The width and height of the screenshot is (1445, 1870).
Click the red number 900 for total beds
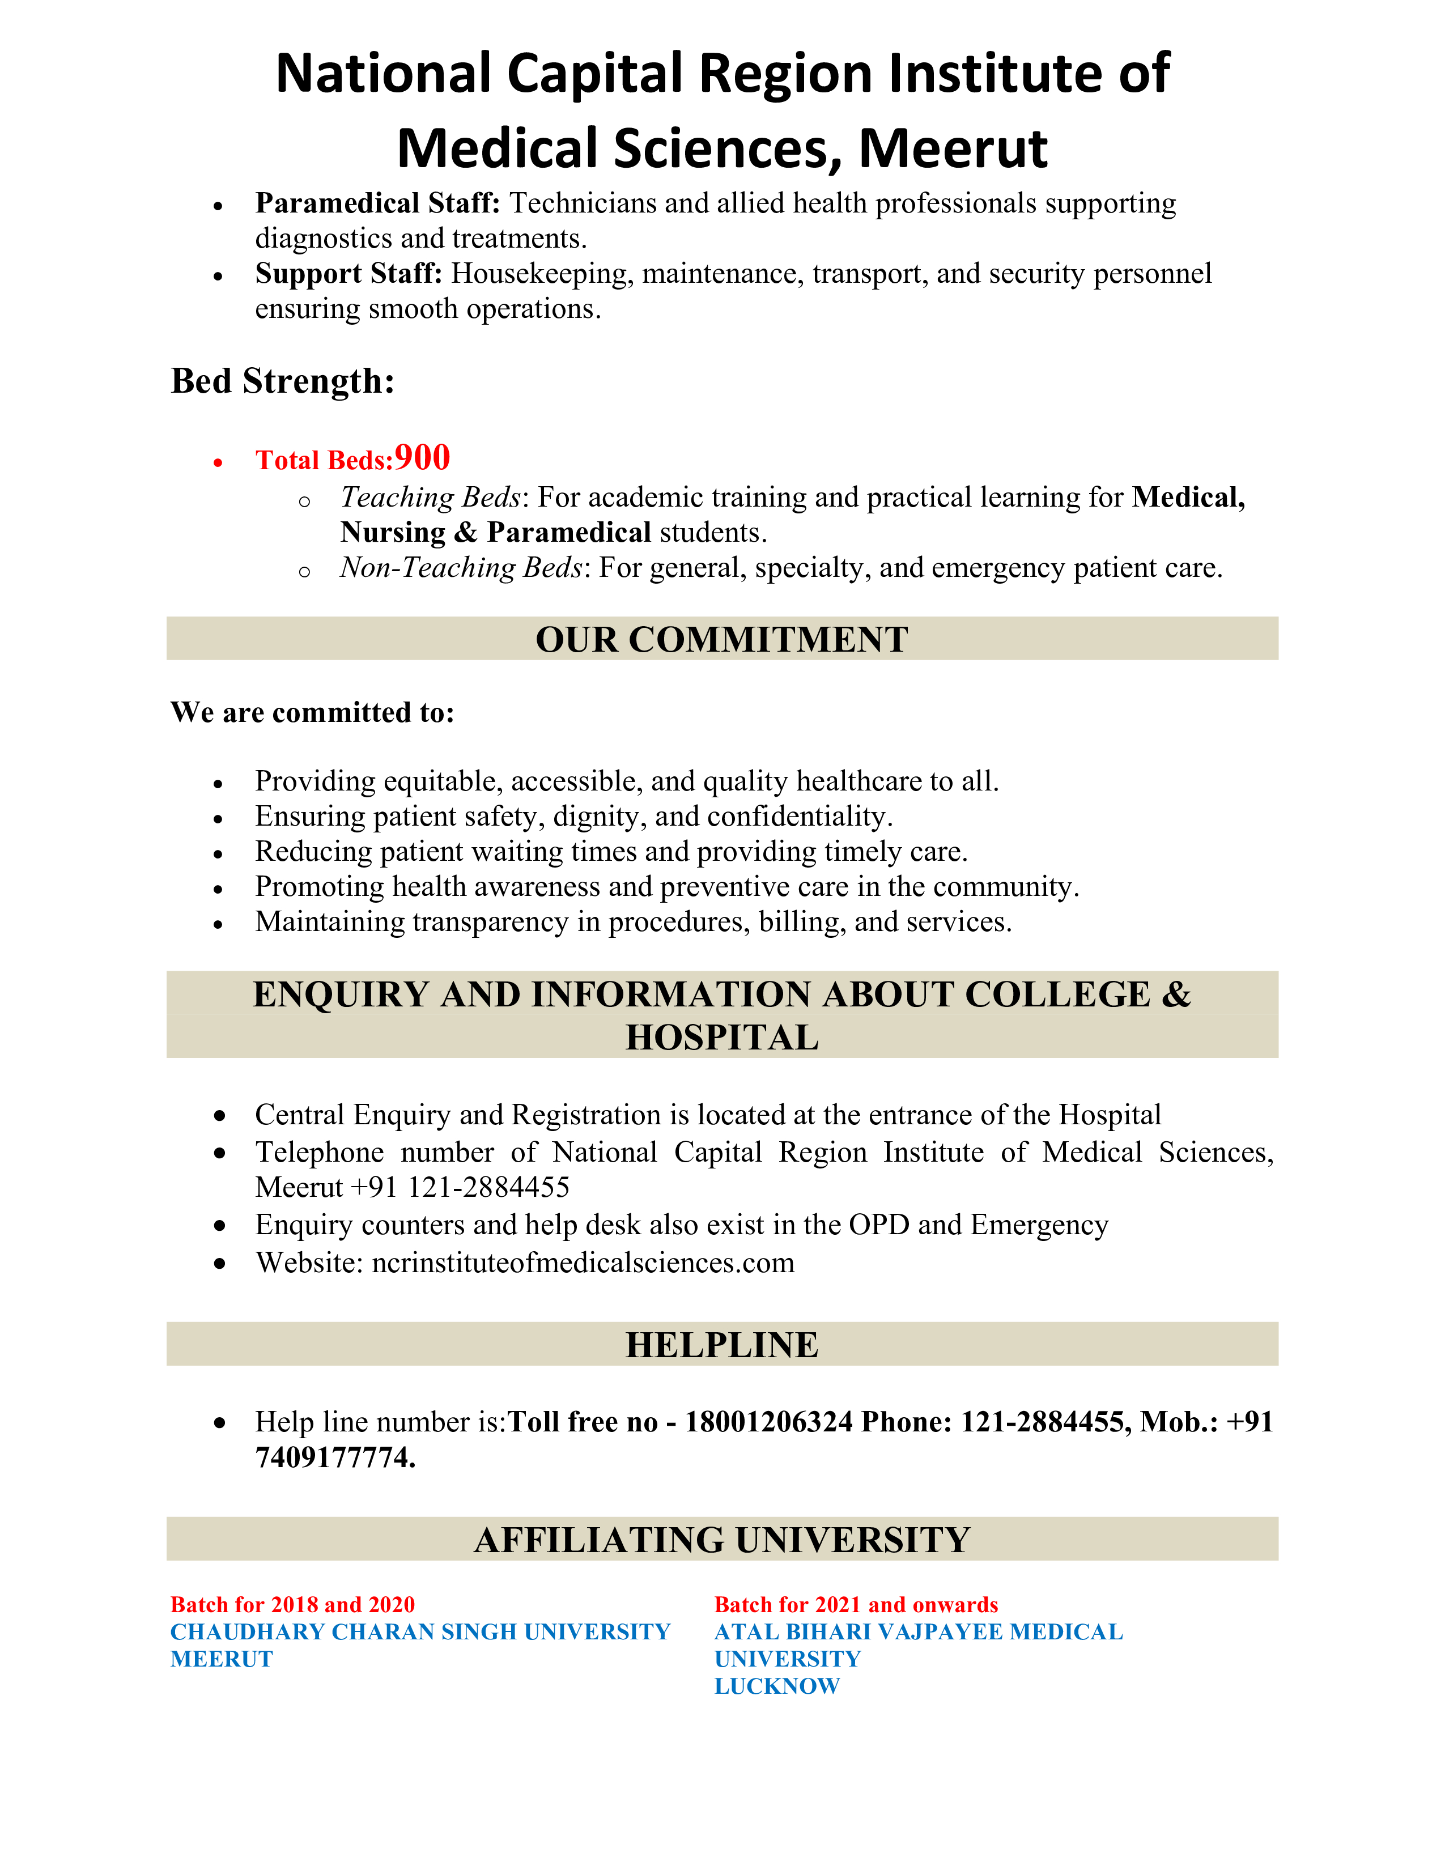(422, 458)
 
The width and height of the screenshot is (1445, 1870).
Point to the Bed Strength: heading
(283, 381)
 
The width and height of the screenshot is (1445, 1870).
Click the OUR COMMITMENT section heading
(721, 640)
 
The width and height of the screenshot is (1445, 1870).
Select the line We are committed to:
(312, 712)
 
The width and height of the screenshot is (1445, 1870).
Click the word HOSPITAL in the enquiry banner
(721, 1038)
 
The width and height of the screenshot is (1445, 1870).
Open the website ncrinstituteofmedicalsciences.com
(583, 1263)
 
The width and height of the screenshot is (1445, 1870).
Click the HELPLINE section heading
(721, 1345)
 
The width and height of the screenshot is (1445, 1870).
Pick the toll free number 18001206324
(769, 1422)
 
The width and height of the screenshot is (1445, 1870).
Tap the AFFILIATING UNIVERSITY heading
(721, 1540)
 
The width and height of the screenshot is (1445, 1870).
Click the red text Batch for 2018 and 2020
(293, 1605)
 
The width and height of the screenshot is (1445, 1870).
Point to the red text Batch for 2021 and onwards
(856, 1605)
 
